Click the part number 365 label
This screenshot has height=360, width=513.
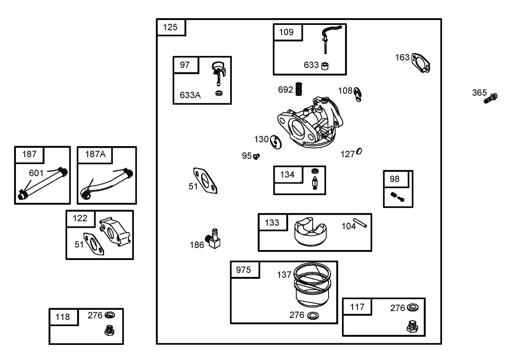pyautogui.click(x=480, y=93)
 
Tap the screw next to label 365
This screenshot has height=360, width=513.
pyautogui.click(x=491, y=98)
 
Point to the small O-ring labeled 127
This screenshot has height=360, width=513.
pyautogui.click(x=359, y=151)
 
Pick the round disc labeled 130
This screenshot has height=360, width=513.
pyautogui.click(x=278, y=141)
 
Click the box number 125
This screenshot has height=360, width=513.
pyautogui.click(x=170, y=27)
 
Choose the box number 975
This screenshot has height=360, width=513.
pyautogui.click(x=244, y=270)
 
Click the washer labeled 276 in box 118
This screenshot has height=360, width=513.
pyautogui.click(x=109, y=315)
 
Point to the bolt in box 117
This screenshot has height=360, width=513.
pyautogui.click(x=413, y=327)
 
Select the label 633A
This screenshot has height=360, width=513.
pyautogui.click(x=190, y=96)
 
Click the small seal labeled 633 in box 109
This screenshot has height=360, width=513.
pyautogui.click(x=325, y=66)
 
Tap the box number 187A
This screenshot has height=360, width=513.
pyautogui.click(x=95, y=154)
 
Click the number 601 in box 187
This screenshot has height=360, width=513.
pyautogui.click(x=36, y=173)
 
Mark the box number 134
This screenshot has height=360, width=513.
pyautogui.click(x=287, y=175)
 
